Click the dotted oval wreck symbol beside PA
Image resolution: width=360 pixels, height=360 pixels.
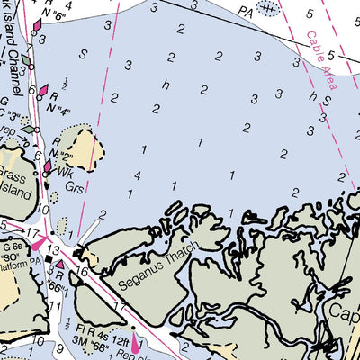(x=267, y=8)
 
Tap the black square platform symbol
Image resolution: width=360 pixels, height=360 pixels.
(x=49, y=261)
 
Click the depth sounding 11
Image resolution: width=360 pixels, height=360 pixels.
(x=55, y=305)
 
